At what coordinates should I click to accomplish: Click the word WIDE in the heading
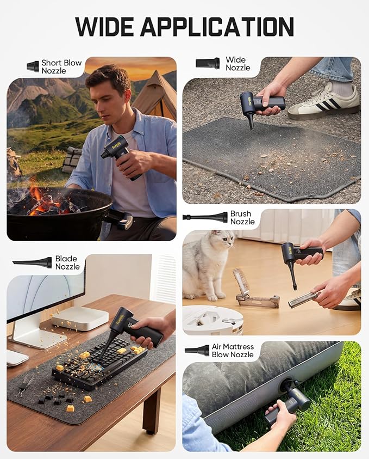pos(104,27)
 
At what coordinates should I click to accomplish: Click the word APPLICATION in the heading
pos(217,27)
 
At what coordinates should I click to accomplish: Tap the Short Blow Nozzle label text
pos(61,67)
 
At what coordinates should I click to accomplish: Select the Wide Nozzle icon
pos(208,63)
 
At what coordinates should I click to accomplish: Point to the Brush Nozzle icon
pos(205,217)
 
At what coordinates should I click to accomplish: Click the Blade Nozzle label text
pos(67,262)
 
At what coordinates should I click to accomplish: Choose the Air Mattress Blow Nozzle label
pos(233,351)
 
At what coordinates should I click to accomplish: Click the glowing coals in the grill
pos(44,202)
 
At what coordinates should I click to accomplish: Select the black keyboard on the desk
pos(99,364)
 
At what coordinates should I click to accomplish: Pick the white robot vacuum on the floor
pos(212,320)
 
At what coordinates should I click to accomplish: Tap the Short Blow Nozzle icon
pos(33,66)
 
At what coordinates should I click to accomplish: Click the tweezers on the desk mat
pos(26,385)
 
